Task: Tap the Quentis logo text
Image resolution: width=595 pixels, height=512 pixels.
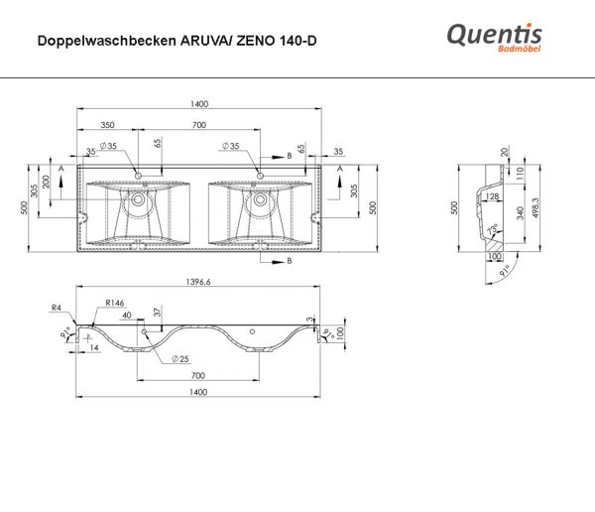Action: point(493,35)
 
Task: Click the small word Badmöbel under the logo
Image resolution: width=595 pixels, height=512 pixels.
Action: point(516,52)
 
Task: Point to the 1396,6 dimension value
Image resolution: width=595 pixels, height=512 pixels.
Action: point(197,283)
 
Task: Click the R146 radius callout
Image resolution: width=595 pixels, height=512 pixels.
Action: point(116,303)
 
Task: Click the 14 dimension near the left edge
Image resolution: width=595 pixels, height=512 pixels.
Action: point(95,348)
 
